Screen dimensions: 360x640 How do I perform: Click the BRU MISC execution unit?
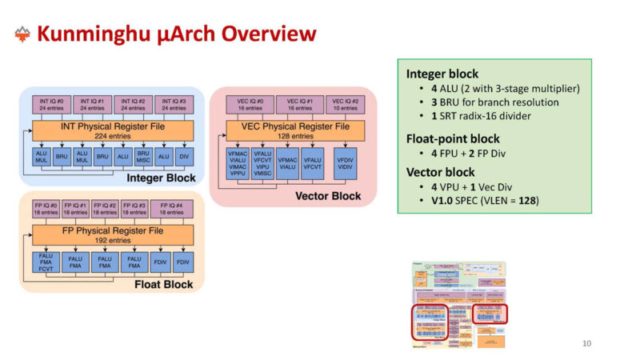(x=144, y=158)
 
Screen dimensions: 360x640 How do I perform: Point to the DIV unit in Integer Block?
(x=185, y=158)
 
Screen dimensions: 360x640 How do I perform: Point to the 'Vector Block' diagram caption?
(x=329, y=195)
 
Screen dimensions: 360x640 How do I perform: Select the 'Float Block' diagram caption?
(x=163, y=283)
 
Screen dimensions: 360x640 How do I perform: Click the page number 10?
(x=586, y=344)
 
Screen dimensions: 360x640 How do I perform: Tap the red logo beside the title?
(x=22, y=34)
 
